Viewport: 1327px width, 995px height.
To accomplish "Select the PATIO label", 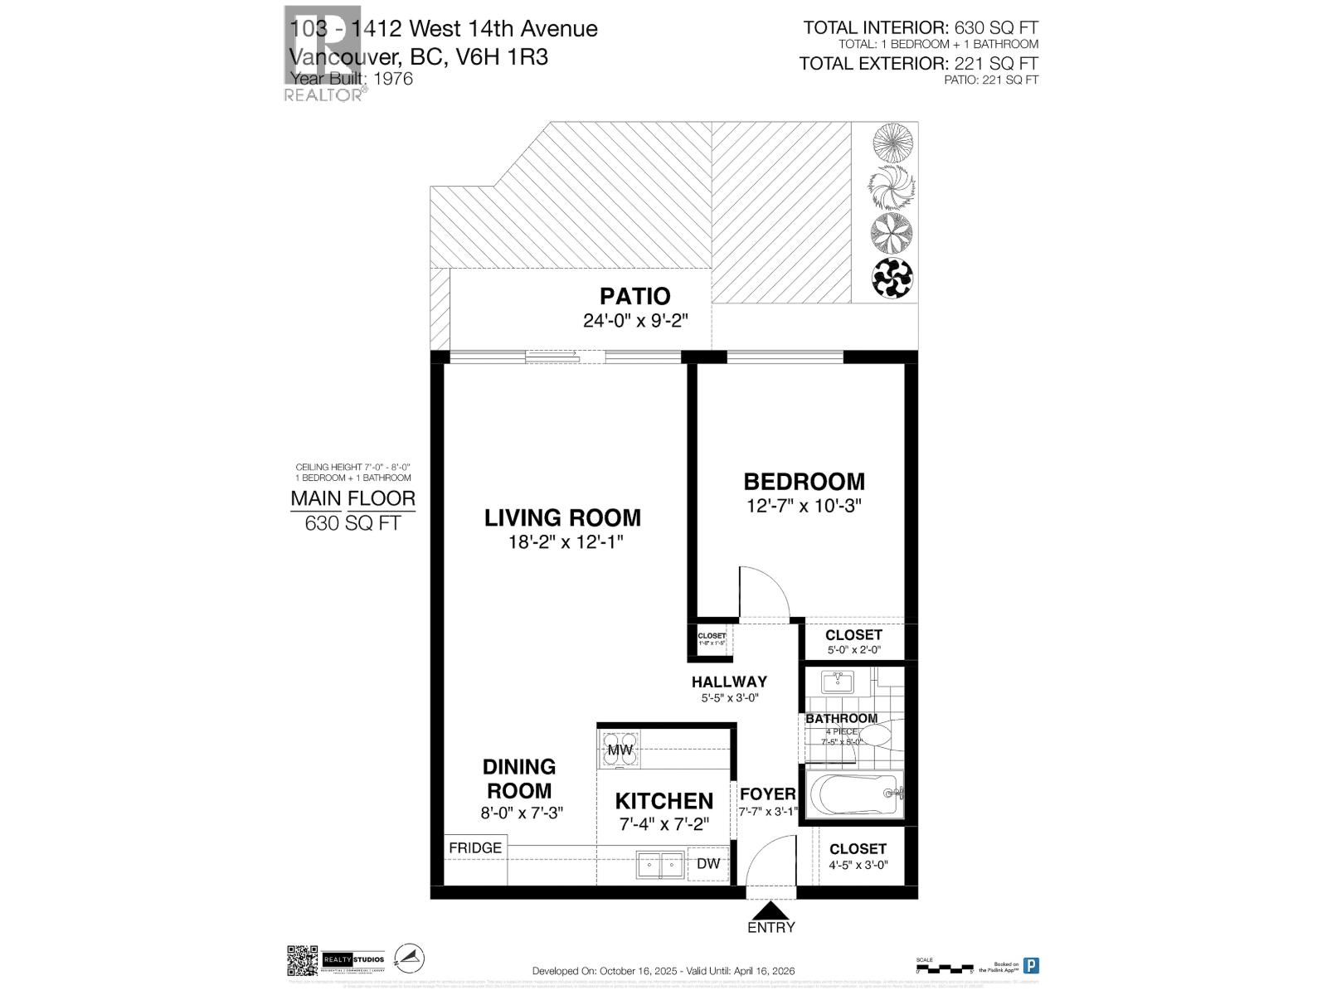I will coord(634,296).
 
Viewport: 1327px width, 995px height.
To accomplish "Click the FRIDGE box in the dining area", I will coord(475,848).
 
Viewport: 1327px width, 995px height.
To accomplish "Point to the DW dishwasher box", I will coord(707,864).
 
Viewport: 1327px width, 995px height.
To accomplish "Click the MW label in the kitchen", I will coord(620,750).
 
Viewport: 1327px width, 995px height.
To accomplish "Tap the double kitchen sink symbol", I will coord(660,864).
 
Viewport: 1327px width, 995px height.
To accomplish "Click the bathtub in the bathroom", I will coord(855,794).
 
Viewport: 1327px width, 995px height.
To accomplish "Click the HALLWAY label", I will coord(729,682).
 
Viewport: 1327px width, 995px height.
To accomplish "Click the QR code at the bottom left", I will coord(302,960).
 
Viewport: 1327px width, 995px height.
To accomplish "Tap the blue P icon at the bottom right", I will coord(1031,965).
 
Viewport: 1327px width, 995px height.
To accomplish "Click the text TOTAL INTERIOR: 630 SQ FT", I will coord(921,28).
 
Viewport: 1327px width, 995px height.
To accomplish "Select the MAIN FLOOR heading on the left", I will coord(352,499).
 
